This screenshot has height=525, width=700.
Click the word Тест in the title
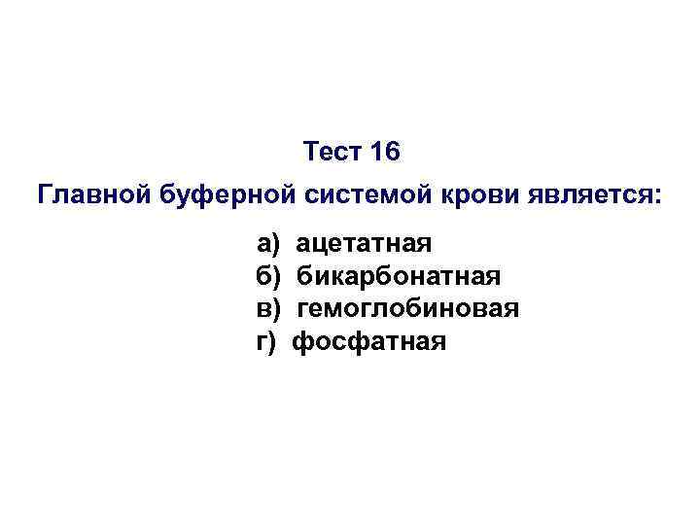(x=331, y=153)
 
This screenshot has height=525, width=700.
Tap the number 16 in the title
(x=384, y=153)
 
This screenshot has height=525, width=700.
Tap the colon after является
(x=656, y=196)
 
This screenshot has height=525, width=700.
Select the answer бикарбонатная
(x=399, y=276)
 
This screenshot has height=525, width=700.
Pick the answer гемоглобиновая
(x=407, y=308)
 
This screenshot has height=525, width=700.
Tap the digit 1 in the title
(x=375, y=153)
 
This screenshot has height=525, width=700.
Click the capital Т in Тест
(x=311, y=153)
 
